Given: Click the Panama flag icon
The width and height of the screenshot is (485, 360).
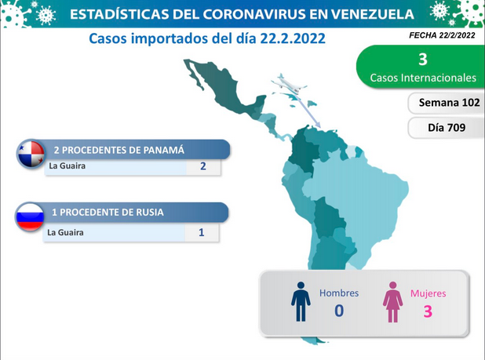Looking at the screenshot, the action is coord(31,154).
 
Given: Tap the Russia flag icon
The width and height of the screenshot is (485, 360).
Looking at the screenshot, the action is coord(30,217).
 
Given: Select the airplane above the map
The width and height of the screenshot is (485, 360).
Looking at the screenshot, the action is coord(289,83).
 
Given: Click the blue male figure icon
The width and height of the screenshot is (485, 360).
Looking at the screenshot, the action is coord(301,302).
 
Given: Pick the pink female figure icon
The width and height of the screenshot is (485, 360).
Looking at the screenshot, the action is coord(393,302).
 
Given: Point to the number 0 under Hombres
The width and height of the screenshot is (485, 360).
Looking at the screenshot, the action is coord(339,311).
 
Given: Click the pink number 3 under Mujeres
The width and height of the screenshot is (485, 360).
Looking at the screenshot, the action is coord(428,311).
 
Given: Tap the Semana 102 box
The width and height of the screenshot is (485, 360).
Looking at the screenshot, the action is coord(447,103).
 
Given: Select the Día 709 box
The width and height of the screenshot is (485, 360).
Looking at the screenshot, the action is coord(447,127).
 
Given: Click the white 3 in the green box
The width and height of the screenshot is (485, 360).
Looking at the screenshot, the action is coord(423,59).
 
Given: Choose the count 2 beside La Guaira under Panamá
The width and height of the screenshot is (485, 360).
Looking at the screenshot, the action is coord(203,166).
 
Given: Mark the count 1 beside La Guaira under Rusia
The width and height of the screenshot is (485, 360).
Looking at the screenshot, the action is coord(202,232).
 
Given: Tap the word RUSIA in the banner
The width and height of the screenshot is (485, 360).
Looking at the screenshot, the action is coord(150,213).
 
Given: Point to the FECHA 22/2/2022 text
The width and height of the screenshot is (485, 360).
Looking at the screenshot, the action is coord(442,35).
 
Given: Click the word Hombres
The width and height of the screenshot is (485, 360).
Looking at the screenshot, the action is coord(339,293).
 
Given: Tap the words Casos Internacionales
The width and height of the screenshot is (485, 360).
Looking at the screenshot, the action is coord(423,78).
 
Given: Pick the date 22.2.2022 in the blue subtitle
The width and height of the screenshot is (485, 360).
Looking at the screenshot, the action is coord(293,38).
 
